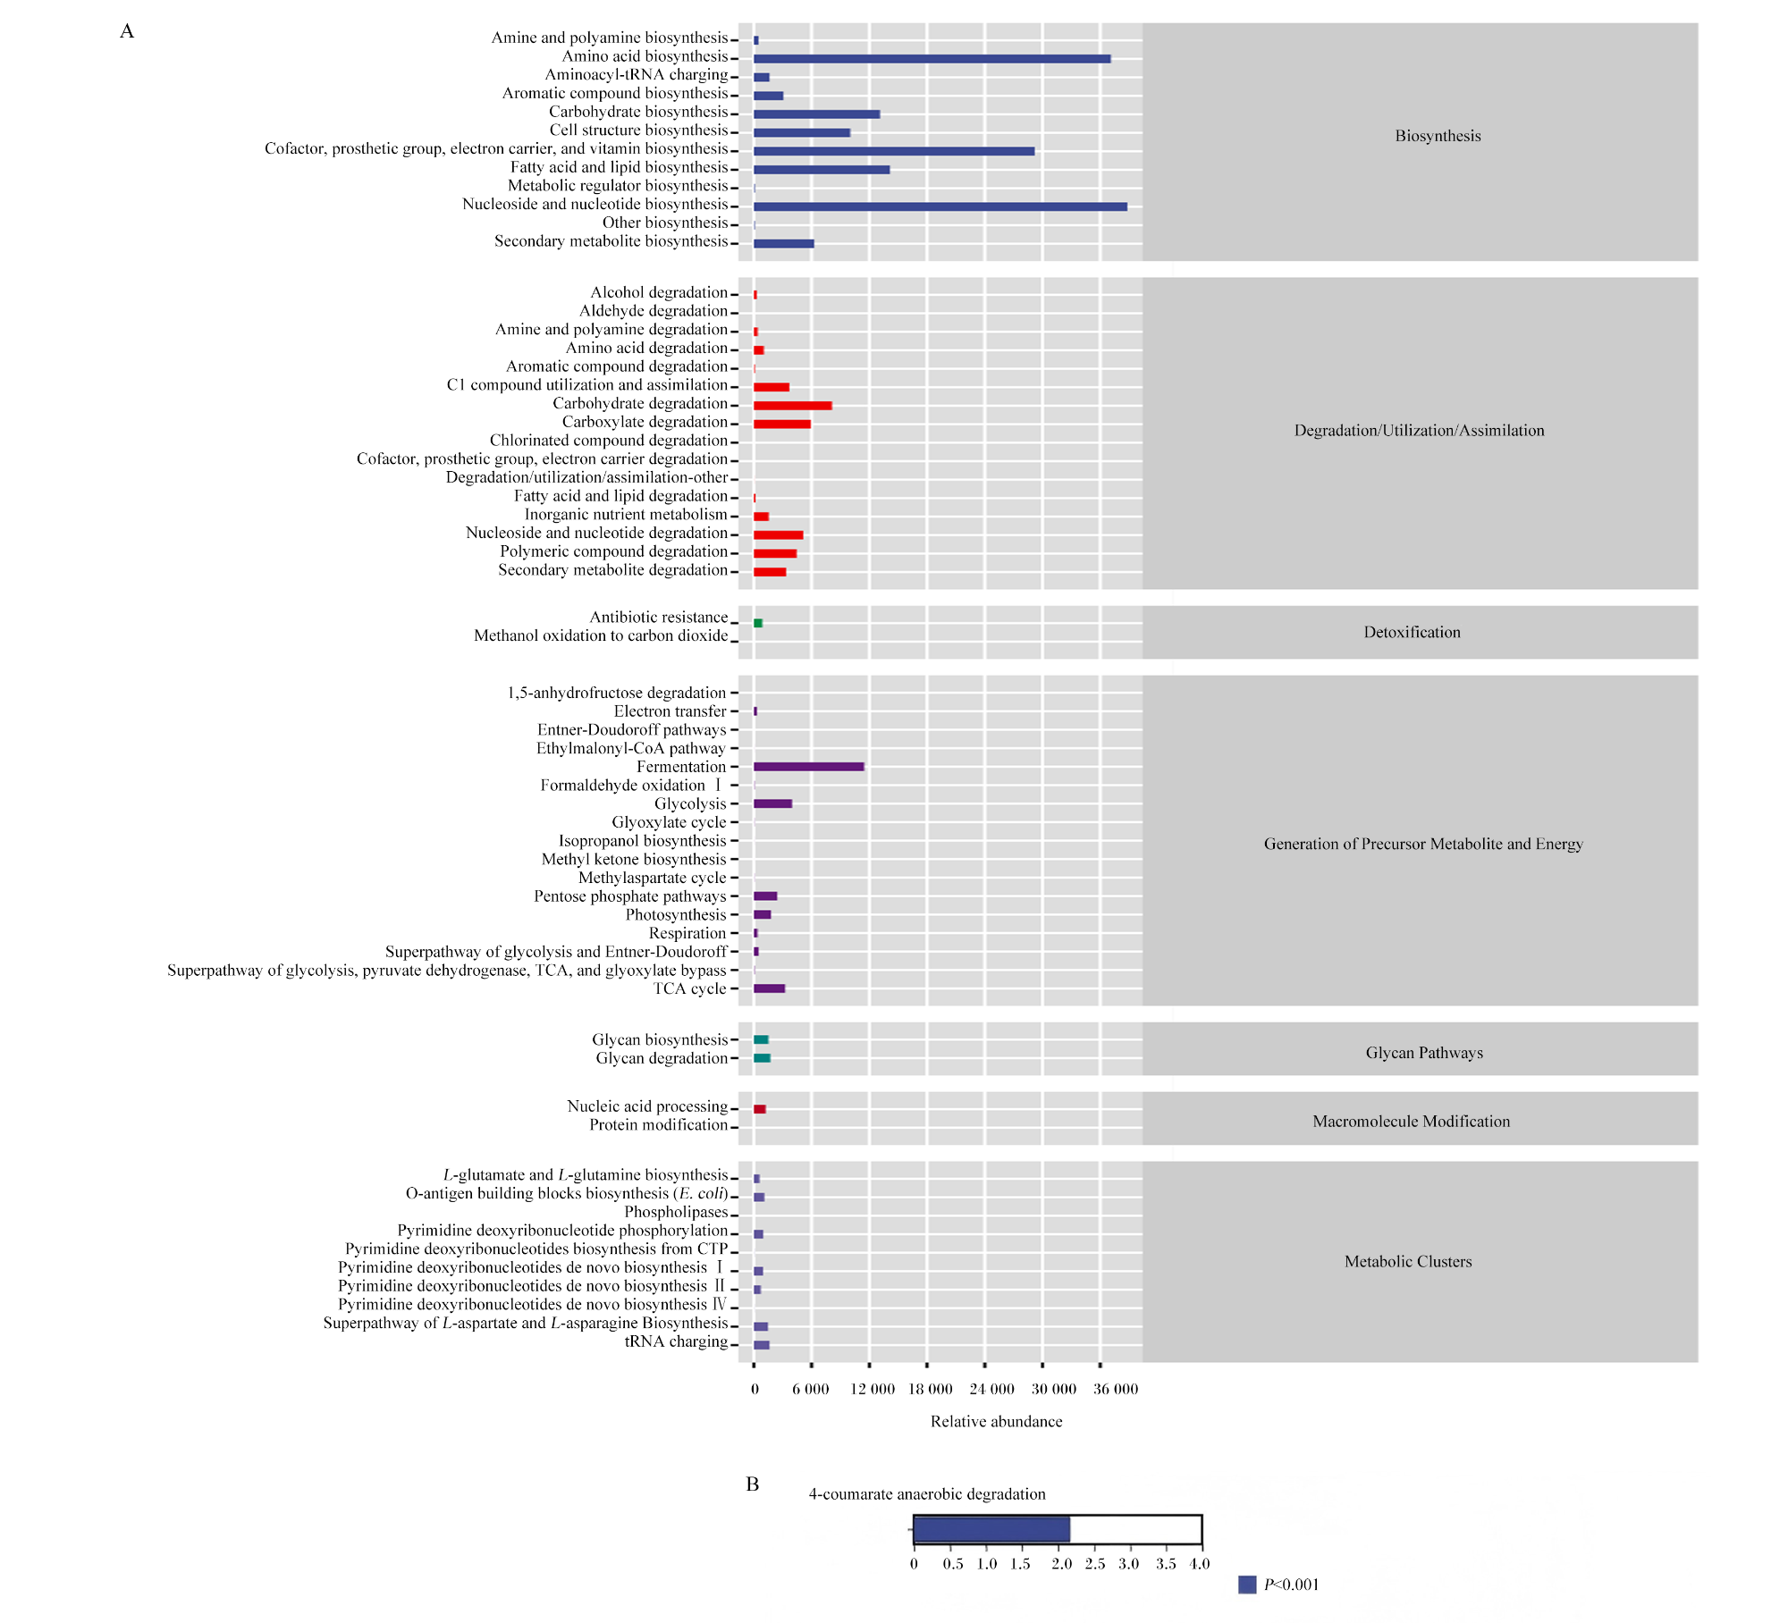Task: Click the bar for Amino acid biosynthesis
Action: pyautogui.click(x=932, y=59)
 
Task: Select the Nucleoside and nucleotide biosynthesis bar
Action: pyautogui.click(x=940, y=206)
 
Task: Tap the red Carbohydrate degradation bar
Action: pyautogui.click(x=792, y=406)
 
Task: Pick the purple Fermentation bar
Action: pyautogui.click(x=808, y=767)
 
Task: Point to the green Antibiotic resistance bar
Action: pyautogui.click(x=757, y=623)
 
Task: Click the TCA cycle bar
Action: pyautogui.click(x=769, y=988)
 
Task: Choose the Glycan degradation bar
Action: pyautogui.click(x=762, y=1058)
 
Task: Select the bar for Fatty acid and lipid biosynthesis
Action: pyautogui.click(x=822, y=170)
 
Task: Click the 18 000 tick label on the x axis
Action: pyautogui.click(x=931, y=1389)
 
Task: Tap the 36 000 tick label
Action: pyautogui.click(x=1116, y=1389)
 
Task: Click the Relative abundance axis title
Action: pyautogui.click(x=997, y=1421)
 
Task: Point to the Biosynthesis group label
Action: pyautogui.click(x=1438, y=136)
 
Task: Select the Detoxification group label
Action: pyautogui.click(x=1412, y=632)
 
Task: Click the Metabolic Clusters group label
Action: pyautogui.click(x=1408, y=1261)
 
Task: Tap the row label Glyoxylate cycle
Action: pyautogui.click(x=669, y=822)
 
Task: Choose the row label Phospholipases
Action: pyautogui.click(x=676, y=1212)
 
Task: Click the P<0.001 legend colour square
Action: pyautogui.click(x=1247, y=1585)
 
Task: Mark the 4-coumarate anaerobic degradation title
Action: pyautogui.click(x=927, y=1494)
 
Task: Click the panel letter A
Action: pyautogui.click(x=127, y=31)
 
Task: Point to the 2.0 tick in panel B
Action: pyautogui.click(x=1061, y=1564)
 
